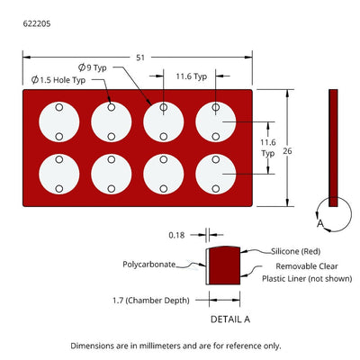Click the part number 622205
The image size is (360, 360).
tap(37, 23)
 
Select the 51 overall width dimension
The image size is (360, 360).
tap(140, 58)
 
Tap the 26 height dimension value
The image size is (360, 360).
tap(287, 151)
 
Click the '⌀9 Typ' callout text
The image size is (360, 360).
tap(93, 67)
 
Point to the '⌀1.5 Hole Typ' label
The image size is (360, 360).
tap(58, 80)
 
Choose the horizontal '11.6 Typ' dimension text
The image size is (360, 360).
tap(192, 76)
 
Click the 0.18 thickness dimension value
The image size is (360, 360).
tap(176, 235)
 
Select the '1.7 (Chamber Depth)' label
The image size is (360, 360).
tap(151, 301)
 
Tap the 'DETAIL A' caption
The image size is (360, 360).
tap(230, 319)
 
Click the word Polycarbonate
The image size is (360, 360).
tap(148, 265)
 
